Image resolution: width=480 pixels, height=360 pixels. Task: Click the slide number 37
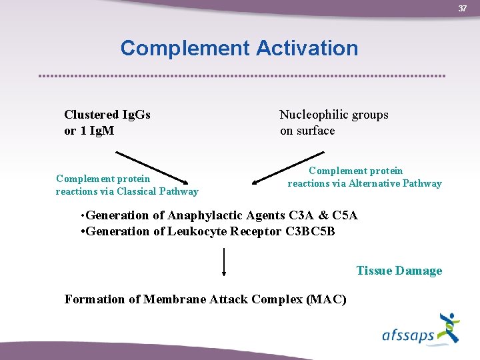462,8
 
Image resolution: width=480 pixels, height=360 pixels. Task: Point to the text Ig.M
99,131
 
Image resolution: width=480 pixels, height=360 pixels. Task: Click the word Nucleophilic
311,115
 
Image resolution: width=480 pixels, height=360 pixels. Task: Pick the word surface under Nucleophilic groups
317,131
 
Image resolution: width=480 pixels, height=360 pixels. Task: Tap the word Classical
138,191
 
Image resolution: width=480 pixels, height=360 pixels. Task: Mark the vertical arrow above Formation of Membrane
224,262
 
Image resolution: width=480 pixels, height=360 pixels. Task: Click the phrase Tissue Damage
399,271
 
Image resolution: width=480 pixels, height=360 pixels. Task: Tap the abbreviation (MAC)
326,299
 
